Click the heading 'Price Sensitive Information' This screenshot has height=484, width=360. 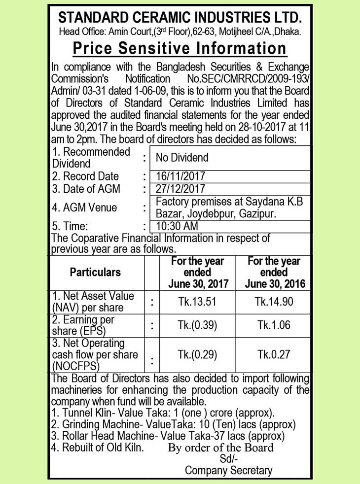[180, 49]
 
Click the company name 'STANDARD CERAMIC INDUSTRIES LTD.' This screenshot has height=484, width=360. [180, 18]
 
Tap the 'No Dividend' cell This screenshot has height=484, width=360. [182, 158]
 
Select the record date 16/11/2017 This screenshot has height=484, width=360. [180, 176]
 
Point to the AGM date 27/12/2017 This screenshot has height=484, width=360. [180, 189]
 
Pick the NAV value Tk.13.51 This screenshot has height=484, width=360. [197, 302]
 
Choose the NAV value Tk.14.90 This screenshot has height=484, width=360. [274, 302]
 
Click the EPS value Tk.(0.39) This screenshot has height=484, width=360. [197, 325]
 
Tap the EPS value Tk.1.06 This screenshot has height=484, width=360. [274, 325]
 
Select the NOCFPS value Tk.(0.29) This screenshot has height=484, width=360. [197, 354]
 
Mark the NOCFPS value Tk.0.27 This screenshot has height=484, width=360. [274, 354]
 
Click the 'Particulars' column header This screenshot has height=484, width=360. [95, 272]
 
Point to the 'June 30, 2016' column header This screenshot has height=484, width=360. [274, 284]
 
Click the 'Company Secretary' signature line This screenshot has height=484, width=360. [228, 470]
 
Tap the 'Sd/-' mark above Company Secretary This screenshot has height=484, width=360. [228, 459]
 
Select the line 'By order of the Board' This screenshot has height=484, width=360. [220, 448]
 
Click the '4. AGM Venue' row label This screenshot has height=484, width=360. [84, 207]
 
